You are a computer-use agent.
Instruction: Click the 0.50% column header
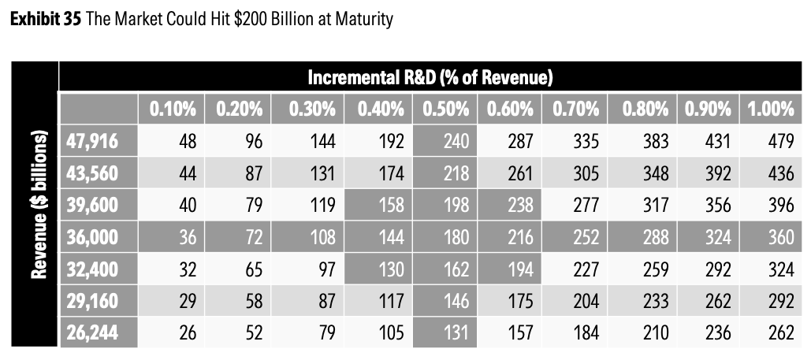(x=447, y=109)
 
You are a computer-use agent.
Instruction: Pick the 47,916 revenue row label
(x=93, y=142)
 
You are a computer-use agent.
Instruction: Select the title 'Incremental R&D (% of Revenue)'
(x=429, y=77)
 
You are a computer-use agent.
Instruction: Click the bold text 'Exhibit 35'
(x=42, y=18)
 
